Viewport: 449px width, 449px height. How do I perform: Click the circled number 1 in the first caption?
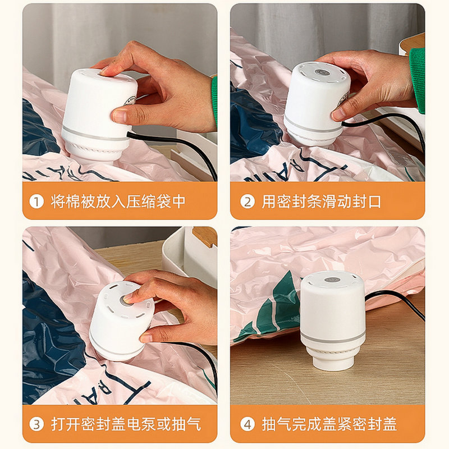pyautogui.click(x=36, y=202)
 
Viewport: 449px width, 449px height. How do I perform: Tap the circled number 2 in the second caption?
pyautogui.click(x=248, y=202)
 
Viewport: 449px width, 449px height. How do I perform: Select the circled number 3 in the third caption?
pyautogui.click(x=36, y=424)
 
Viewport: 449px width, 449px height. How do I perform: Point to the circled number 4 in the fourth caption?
pyautogui.click(x=248, y=424)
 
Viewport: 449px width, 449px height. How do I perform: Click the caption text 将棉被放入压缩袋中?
pyautogui.click(x=118, y=201)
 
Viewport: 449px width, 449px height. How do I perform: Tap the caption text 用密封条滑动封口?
pyautogui.click(x=321, y=201)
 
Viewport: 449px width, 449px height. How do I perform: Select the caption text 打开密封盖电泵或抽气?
pyautogui.click(x=126, y=424)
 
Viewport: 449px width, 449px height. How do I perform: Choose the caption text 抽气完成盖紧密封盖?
pyautogui.click(x=329, y=424)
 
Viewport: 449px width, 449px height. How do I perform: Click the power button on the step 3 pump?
pyautogui.click(x=126, y=300)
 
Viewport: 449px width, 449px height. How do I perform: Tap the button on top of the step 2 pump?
pyautogui.click(x=320, y=72)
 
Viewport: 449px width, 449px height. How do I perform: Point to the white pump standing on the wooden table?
pyautogui.click(x=332, y=320)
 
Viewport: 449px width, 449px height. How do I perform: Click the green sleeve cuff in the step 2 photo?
pyautogui.click(x=417, y=80)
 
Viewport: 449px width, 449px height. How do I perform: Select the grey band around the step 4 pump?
pyautogui.click(x=332, y=337)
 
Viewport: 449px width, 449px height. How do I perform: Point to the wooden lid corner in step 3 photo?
pyautogui.click(x=204, y=236)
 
